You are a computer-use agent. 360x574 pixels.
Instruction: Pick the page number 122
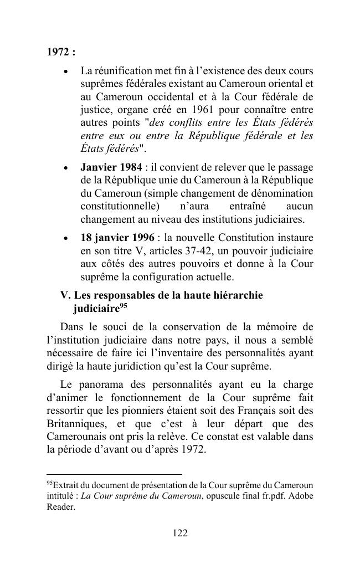[180, 533]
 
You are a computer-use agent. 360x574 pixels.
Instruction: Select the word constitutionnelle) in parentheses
[120, 207]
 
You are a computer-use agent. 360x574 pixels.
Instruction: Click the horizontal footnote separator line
[114, 474]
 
